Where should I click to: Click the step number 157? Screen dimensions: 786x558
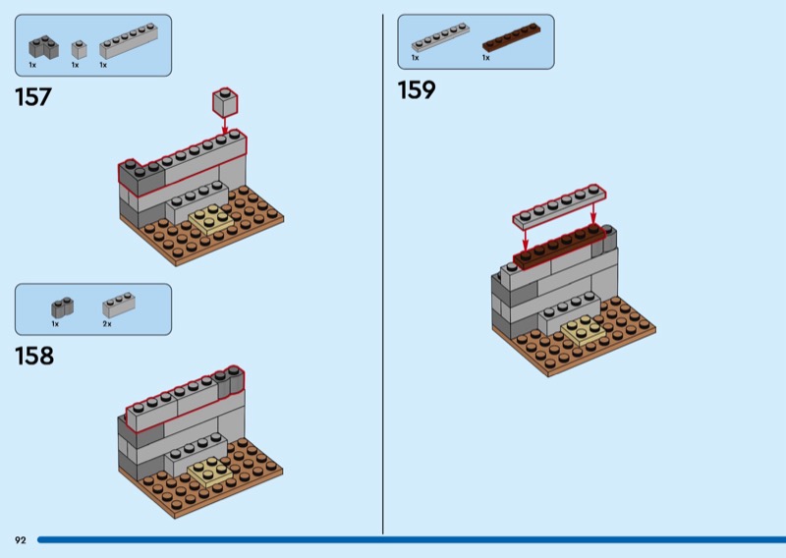click(x=33, y=97)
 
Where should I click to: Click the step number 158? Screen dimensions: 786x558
click(x=34, y=356)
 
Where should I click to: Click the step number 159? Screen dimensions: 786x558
click(x=417, y=90)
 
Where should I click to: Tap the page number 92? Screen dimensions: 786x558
click(x=20, y=540)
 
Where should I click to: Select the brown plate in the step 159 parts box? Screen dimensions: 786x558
click(x=511, y=37)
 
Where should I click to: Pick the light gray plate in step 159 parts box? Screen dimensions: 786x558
click(x=440, y=37)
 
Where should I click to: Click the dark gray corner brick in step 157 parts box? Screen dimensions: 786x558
click(x=43, y=47)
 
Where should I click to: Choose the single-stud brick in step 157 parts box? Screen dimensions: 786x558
click(x=80, y=50)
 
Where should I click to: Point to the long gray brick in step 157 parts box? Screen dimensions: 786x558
click(x=129, y=41)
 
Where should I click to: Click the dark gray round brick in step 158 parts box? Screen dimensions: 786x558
click(x=63, y=307)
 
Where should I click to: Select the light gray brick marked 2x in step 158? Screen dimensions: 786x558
click(x=119, y=305)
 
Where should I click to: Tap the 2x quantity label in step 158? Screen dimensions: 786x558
click(x=107, y=324)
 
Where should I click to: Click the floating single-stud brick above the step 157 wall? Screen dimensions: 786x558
click(x=225, y=103)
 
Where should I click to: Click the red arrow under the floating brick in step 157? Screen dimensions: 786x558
click(x=225, y=126)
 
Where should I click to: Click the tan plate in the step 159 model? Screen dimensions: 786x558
click(x=583, y=330)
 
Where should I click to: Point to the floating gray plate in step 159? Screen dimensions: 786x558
click(x=559, y=207)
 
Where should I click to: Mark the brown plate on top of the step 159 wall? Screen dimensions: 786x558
click(x=559, y=247)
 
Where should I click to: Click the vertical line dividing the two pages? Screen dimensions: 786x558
click(x=383, y=274)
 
